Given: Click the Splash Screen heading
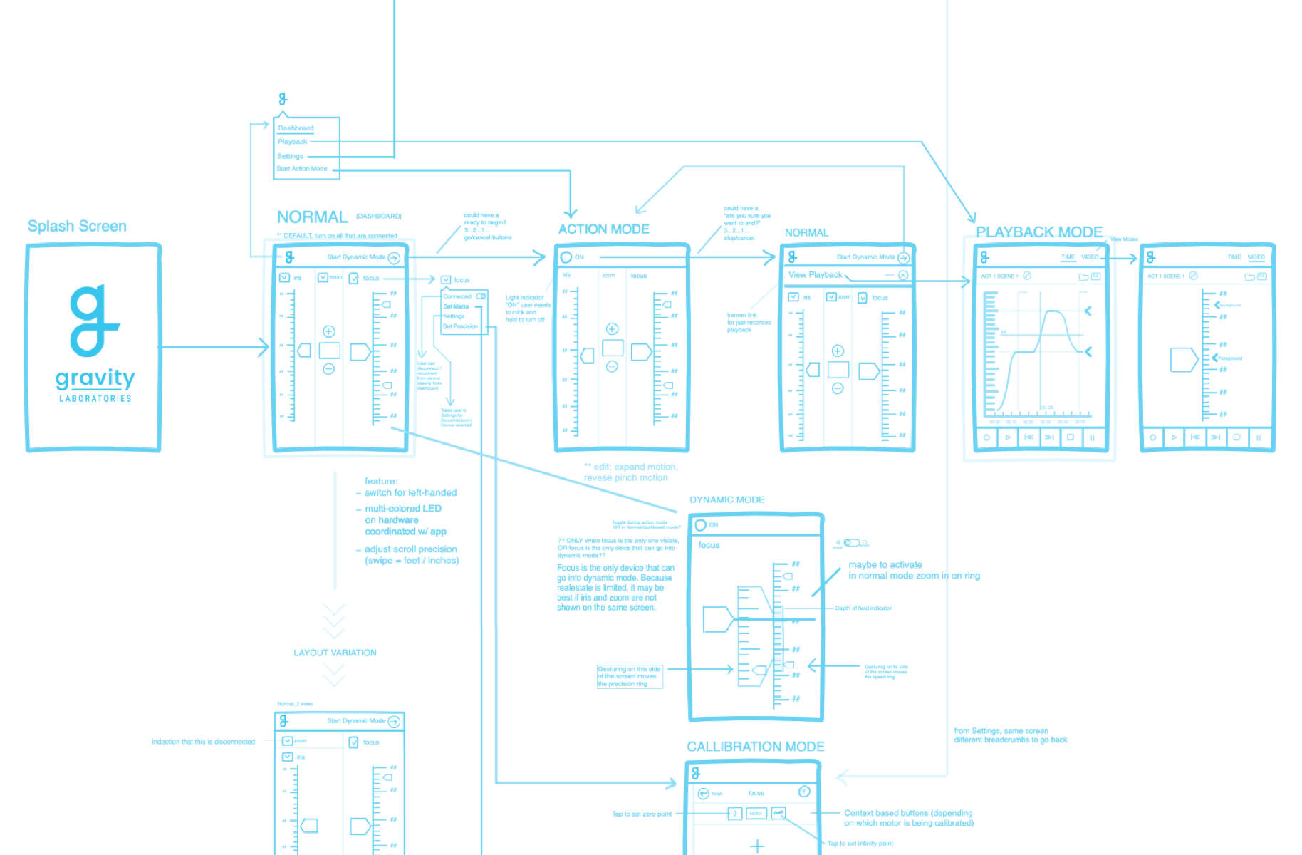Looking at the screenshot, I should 77,226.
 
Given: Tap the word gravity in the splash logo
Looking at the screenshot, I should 95,378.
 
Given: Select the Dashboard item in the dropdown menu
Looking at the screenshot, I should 296,128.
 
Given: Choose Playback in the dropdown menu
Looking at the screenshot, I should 292,142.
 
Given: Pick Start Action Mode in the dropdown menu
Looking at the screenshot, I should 302,169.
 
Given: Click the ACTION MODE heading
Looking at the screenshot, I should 603,229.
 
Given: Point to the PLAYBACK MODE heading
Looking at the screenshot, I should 1038,232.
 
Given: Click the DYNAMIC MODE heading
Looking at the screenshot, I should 726,499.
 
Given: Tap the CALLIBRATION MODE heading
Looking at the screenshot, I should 755,746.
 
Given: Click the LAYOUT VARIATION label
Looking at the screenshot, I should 335,653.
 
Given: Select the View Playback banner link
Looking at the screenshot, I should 815,275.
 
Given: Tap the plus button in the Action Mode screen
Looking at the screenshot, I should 612,328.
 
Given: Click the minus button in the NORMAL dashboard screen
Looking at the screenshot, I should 328,369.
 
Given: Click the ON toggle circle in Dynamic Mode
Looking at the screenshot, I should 701,525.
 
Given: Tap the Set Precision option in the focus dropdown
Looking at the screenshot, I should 460,326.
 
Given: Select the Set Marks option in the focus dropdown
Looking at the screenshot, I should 456,306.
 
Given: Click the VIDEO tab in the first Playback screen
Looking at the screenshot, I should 1090,256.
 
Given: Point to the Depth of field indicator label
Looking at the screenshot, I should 863,608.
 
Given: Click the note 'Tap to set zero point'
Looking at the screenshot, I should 642,814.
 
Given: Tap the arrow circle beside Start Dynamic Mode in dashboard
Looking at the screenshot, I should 394,257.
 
